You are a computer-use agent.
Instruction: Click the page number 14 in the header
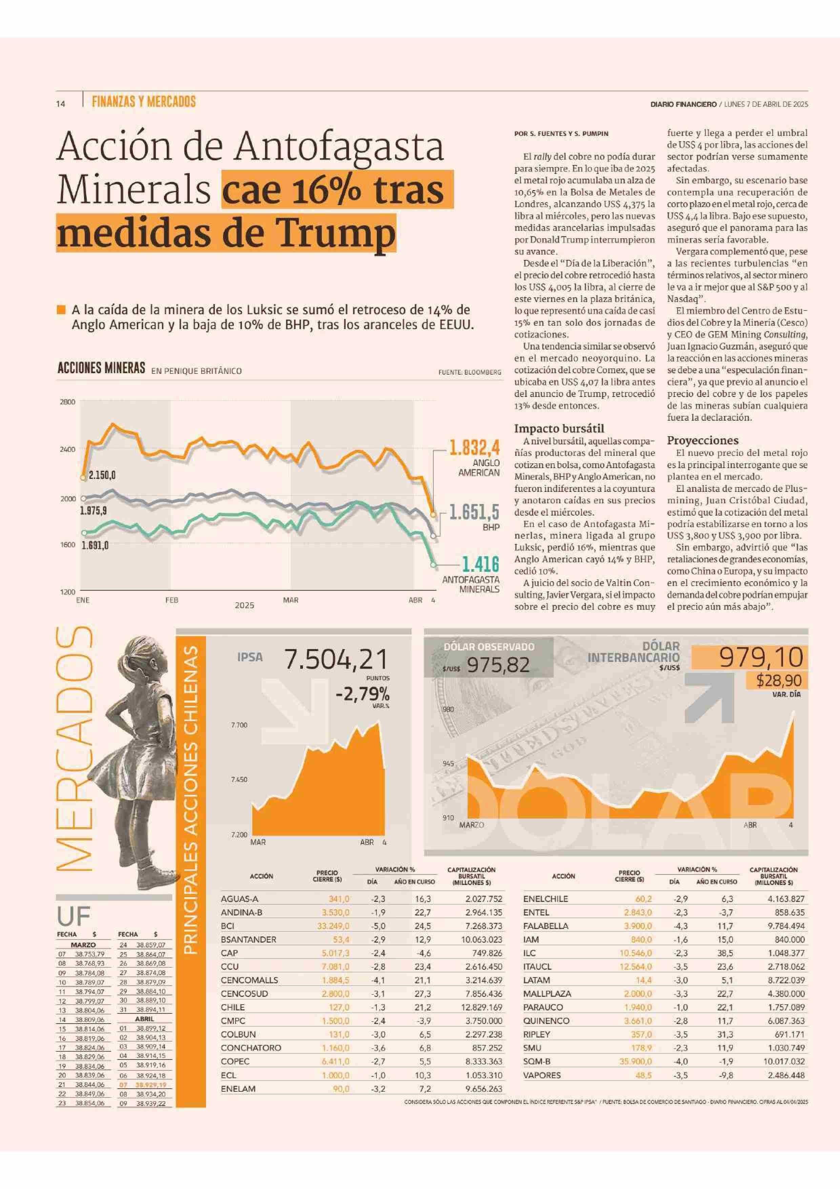click(61, 104)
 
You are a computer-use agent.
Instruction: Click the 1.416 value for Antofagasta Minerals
click(480, 564)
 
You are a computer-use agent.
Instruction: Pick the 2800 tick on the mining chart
click(68, 402)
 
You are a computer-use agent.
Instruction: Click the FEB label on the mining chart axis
click(171, 600)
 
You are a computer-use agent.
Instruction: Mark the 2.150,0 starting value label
click(102, 476)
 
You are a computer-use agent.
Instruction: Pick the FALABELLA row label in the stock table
click(546, 926)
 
